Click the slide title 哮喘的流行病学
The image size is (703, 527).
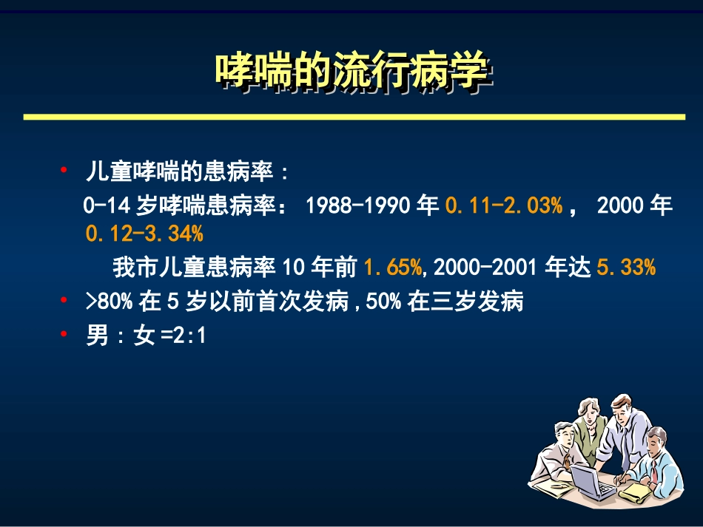351,72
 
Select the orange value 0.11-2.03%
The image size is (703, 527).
503,205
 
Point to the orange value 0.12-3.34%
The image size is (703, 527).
144,234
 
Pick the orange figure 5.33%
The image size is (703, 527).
625,267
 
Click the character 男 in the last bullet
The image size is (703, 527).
98,336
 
